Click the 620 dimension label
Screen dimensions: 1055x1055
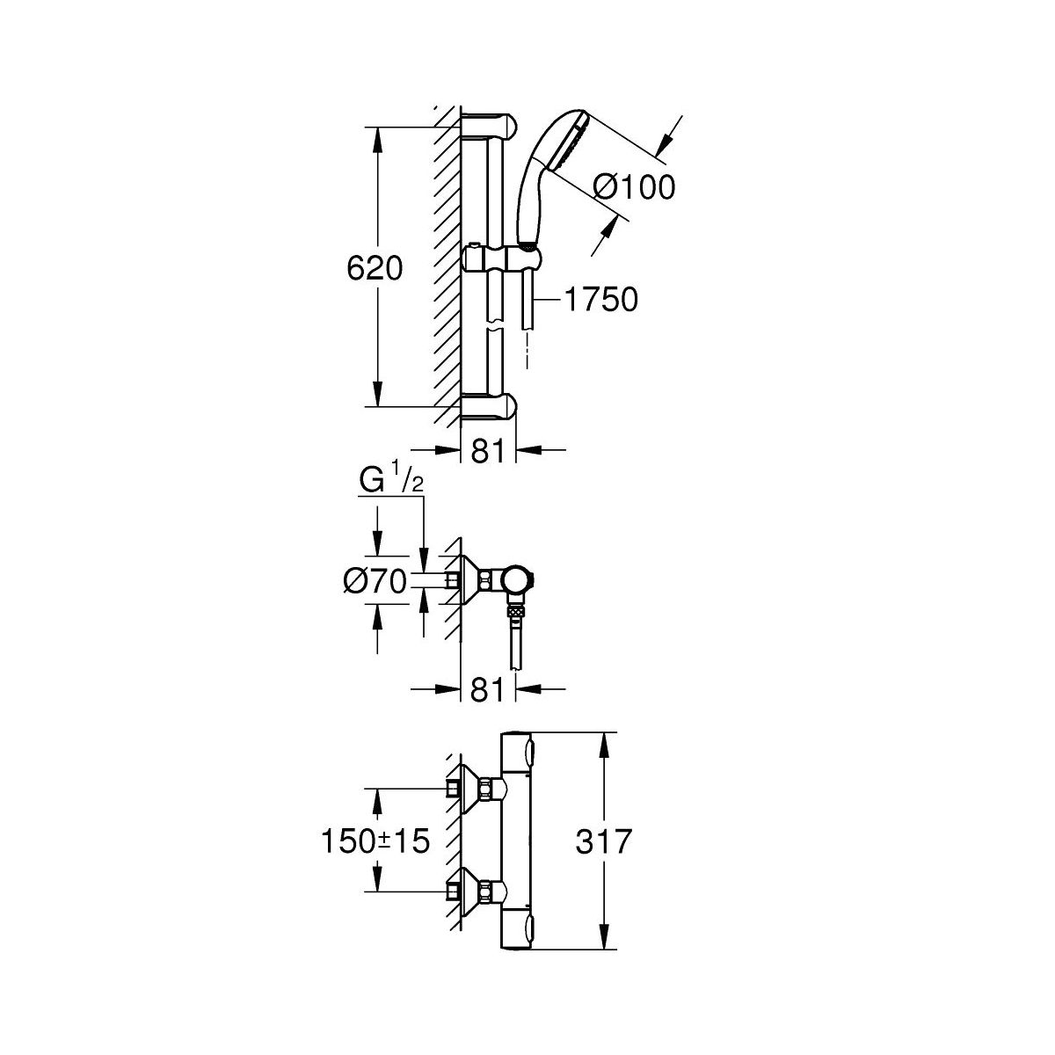click(375, 269)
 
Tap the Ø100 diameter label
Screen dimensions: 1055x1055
click(635, 187)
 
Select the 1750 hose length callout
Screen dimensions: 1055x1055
click(601, 300)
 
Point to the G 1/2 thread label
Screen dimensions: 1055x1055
click(391, 480)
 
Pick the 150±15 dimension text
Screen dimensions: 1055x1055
click(375, 840)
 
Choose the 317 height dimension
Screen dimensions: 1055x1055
click(604, 841)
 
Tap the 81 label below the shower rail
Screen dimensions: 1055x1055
click(487, 451)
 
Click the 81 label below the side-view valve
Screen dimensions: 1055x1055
click(487, 690)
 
